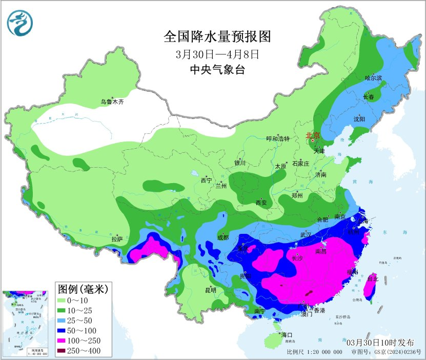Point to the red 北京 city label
(x=312, y=135)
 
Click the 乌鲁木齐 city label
(x=112, y=102)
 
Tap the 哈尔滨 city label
(x=373, y=78)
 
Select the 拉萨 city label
(x=117, y=238)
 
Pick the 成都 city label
(x=222, y=237)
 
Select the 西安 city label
(x=261, y=203)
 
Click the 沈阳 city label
(x=359, y=118)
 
